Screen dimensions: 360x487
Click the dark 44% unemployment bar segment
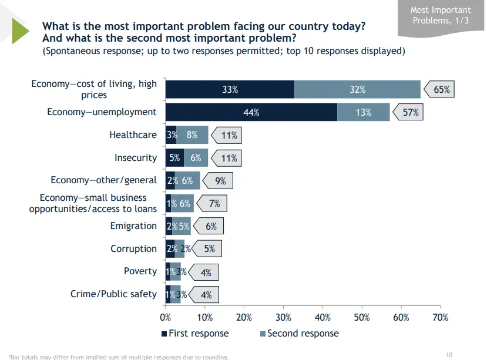tap(251, 112)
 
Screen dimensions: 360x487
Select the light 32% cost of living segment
tap(357, 90)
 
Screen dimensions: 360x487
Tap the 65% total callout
tap(441, 90)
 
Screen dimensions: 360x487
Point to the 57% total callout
tap(409, 112)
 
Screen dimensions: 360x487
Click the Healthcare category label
tap(133, 135)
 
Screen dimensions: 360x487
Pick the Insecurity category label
tap(136, 158)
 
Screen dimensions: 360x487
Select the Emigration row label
tap(133, 226)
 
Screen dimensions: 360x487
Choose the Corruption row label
tap(133, 249)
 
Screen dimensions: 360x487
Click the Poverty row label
tap(140, 271)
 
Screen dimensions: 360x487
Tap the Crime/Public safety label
tap(113, 294)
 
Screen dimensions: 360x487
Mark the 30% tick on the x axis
tap(283, 317)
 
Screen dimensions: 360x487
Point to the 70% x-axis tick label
tap(440, 317)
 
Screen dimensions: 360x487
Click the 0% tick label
tap(166, 317)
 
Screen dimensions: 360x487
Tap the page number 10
tap(449, 354)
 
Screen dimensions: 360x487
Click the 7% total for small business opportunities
tap(214, 204)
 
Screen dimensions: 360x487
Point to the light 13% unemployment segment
tap(363, 112)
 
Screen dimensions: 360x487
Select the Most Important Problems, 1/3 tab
tap(441, 16)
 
